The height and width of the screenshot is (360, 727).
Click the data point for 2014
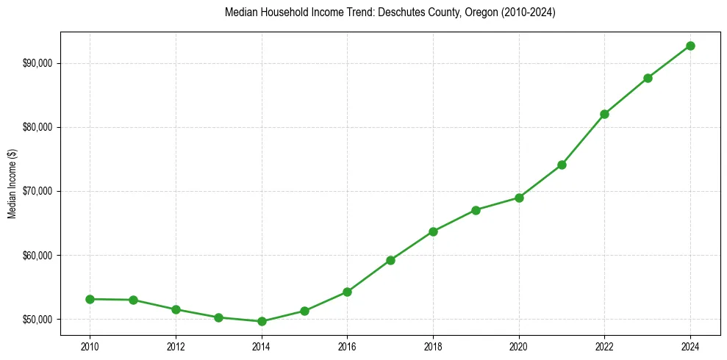click(261, 321)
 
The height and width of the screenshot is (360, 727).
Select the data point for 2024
click(690, 46)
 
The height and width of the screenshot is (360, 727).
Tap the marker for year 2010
click(90, 299)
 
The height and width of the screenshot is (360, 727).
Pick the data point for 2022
click(604, 114)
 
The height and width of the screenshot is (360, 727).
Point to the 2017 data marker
click(390, 260)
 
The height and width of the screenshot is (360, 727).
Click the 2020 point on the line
click(519, 198)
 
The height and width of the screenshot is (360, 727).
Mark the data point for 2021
click(562, 165)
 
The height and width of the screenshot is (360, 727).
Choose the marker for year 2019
click(476, 210)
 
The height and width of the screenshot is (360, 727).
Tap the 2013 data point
click(218, 317)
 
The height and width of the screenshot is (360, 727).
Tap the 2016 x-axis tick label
click(347, 346)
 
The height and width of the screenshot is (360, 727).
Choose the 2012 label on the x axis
click(175, 346)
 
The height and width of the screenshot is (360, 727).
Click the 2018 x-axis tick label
click(433, 346)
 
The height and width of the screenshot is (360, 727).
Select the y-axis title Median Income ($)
click(12, 191)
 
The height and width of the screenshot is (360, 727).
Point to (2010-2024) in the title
click(527, 12)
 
